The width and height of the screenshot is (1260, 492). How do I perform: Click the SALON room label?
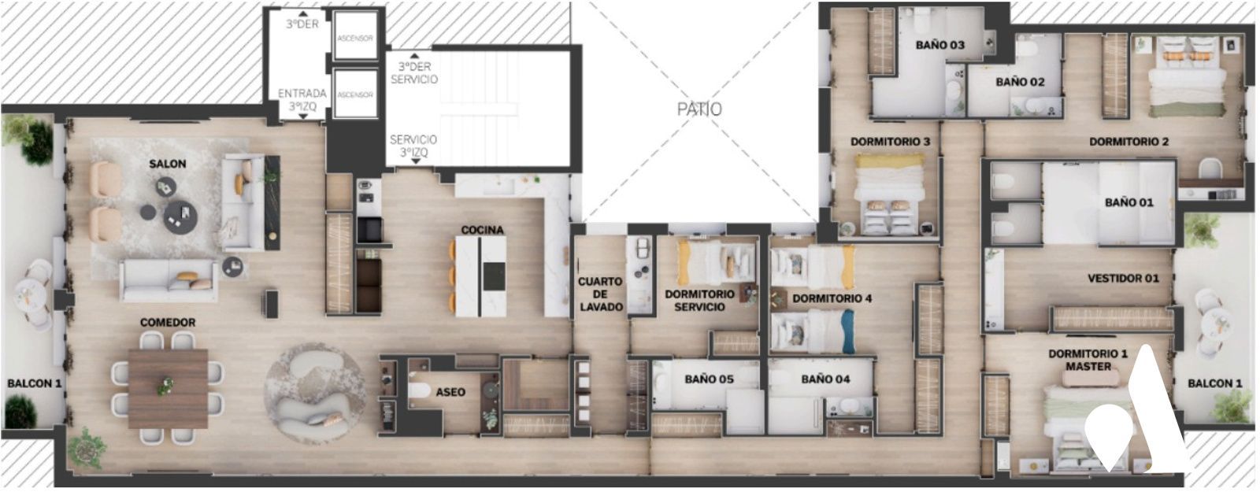[167, 165]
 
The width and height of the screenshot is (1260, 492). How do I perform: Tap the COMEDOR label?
[168, 323]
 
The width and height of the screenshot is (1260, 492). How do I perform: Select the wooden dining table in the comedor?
[168, 389]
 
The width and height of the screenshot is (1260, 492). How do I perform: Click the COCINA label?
[482, 230]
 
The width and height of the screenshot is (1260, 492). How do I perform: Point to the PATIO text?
[699, 109]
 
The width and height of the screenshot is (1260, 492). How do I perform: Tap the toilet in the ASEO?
[419, 390]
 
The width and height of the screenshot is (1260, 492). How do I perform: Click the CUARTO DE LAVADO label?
[600, 294]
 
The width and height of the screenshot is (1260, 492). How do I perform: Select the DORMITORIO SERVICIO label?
[699, 301]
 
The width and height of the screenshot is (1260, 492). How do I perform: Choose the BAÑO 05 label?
[709, 379]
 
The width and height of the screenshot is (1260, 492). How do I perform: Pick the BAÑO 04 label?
[825, 379]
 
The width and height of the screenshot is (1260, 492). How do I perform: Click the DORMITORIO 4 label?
[832, 298]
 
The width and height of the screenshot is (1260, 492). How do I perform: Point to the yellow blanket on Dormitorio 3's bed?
[889, 161]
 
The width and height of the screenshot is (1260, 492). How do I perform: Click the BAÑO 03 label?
[940, 45]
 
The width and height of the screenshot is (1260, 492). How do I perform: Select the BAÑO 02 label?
[1020, 82]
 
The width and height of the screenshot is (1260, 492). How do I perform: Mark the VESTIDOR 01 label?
[1123, 279]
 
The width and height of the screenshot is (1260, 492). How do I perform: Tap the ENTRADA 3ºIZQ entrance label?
[302, 100]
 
